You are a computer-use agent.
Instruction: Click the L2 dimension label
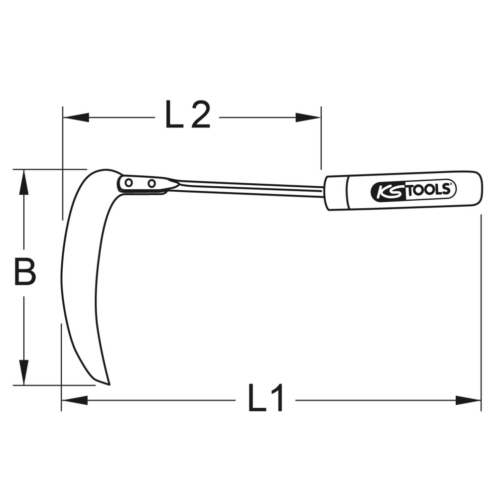tap(188, 115)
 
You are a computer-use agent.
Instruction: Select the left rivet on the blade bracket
tap(128, 183)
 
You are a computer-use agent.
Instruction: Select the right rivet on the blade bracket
tap(152, 183)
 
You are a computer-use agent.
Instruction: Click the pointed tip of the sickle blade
tap(109, 384)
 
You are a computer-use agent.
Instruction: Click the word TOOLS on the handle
tap(428, 190)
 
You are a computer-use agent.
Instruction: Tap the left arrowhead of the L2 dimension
tap(76, 118)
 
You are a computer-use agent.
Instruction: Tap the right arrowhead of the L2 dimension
tap(308, 118)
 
